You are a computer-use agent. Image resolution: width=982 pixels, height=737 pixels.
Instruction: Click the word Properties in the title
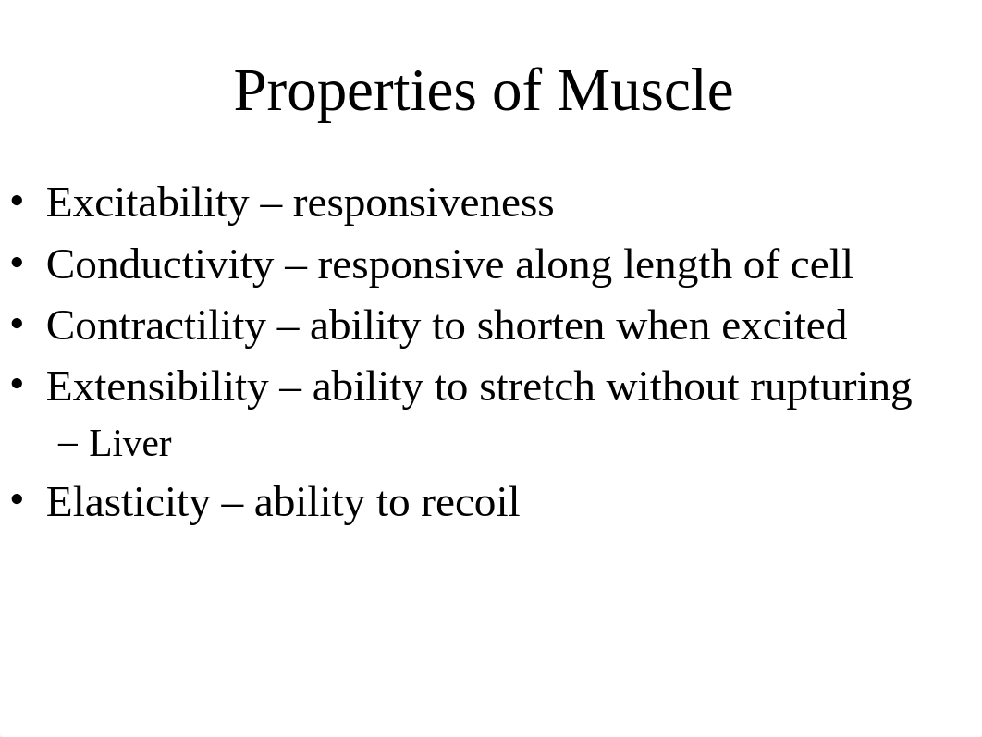click(x=355, y=92)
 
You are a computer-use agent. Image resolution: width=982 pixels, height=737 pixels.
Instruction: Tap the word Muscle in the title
click(x=645, y=91)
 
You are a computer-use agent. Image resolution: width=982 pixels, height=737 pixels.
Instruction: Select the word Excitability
click(x=148, y=204)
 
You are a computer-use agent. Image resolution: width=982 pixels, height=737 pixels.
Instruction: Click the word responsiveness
click(x=423, y=204)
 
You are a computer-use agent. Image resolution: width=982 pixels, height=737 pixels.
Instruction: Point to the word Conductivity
click(x=160, y=265)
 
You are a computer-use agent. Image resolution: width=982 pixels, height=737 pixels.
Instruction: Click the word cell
click(x=821, y=264)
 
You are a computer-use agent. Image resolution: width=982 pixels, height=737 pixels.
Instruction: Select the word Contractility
click(x=156, y=326)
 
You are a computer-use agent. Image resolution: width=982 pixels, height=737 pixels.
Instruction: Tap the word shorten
click(x=541, y=326)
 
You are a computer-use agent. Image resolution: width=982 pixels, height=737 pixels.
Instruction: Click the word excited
click(x=784, y=326)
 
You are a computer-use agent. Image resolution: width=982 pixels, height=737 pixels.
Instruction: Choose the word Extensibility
click(x=157, y=387)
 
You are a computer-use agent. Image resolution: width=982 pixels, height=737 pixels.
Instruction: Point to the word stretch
click(x=536, y=387)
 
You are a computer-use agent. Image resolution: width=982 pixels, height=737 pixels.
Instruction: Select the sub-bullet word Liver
click(x=130, y=444)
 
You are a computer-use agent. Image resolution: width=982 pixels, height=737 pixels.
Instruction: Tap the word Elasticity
click(x=129, y=503)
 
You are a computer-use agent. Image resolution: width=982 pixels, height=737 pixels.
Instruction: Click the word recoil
click(x=470, y=502)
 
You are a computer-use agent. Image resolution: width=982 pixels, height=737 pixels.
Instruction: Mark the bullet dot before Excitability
click(x=17, y=202)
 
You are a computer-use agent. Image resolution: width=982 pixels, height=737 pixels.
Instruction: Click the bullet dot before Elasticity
click(x=17, y=500)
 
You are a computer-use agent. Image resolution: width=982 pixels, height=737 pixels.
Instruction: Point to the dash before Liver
click(x=68, y=445)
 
